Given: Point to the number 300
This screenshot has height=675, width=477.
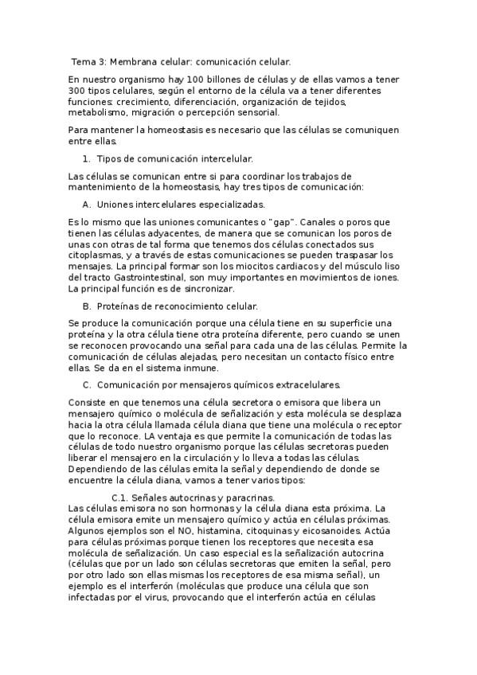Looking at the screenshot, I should tap(77, 91).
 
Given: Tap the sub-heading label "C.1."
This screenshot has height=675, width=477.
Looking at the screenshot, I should tap(123, 497).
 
